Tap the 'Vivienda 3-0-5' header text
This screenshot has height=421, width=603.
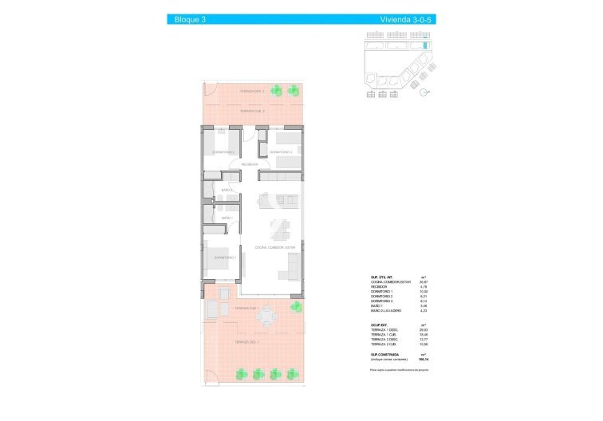click(406, 18)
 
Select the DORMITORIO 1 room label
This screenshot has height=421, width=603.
click(225, 258)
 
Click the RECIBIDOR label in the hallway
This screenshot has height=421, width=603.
click(250, 164)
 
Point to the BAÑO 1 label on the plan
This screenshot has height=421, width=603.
click(227, 217)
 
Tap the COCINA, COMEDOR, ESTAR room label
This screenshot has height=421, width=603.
click(275, 248)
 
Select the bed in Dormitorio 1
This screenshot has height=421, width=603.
click(220, 262)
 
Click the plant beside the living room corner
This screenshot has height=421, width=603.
click(297, 306)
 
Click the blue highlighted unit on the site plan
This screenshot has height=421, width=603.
click(424, 47)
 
